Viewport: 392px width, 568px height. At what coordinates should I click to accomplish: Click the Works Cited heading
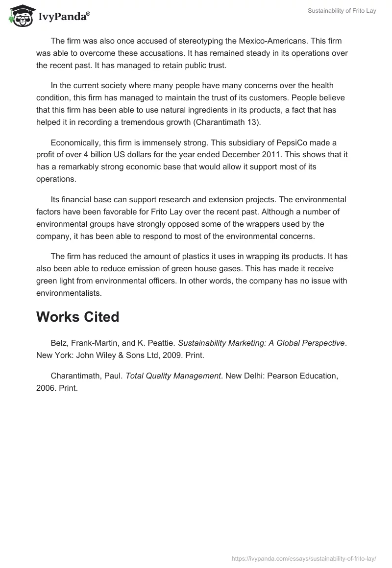click(77, 317)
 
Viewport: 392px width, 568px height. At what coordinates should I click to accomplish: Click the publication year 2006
click(45, 388)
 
